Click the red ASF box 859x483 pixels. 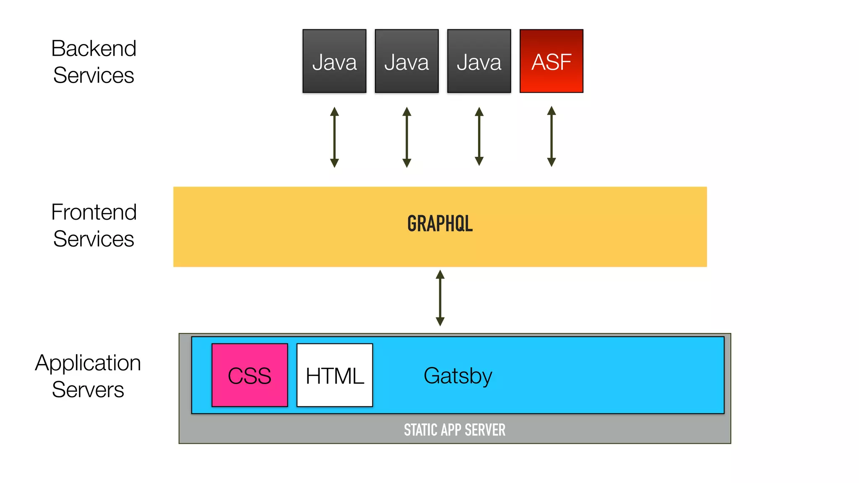click(x=551, y=61)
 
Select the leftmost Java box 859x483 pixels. click(x=334, y=61)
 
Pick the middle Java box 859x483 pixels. click(x=406, y=61)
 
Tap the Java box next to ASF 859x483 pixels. click(x=479, y=61)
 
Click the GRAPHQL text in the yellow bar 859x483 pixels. click(x=440, y=223)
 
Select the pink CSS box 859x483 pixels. click(x=250, y=375)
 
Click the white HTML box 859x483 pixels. click(x=334, y=375)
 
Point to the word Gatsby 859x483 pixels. click(x=458, y=376)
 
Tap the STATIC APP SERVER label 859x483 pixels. click(x=455, y=430)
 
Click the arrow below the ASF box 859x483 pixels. click(x=552, y=137)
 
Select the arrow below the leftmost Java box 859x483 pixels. click(x=334, y=138)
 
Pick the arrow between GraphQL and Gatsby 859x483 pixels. click(x=440, y=298)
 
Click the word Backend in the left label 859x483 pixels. click(x=94, y=49)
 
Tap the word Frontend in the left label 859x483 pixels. click(x=94, y=212)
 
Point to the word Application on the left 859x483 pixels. click(x=88, y=363)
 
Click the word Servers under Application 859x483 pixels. click(x=88, y=390)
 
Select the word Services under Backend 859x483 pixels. click(x=94, y=75)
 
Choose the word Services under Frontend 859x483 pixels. click(x=94, y=239)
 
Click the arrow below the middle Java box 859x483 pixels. click(x=406, y=138)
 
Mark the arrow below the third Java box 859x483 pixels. click(x=479, y=137)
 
